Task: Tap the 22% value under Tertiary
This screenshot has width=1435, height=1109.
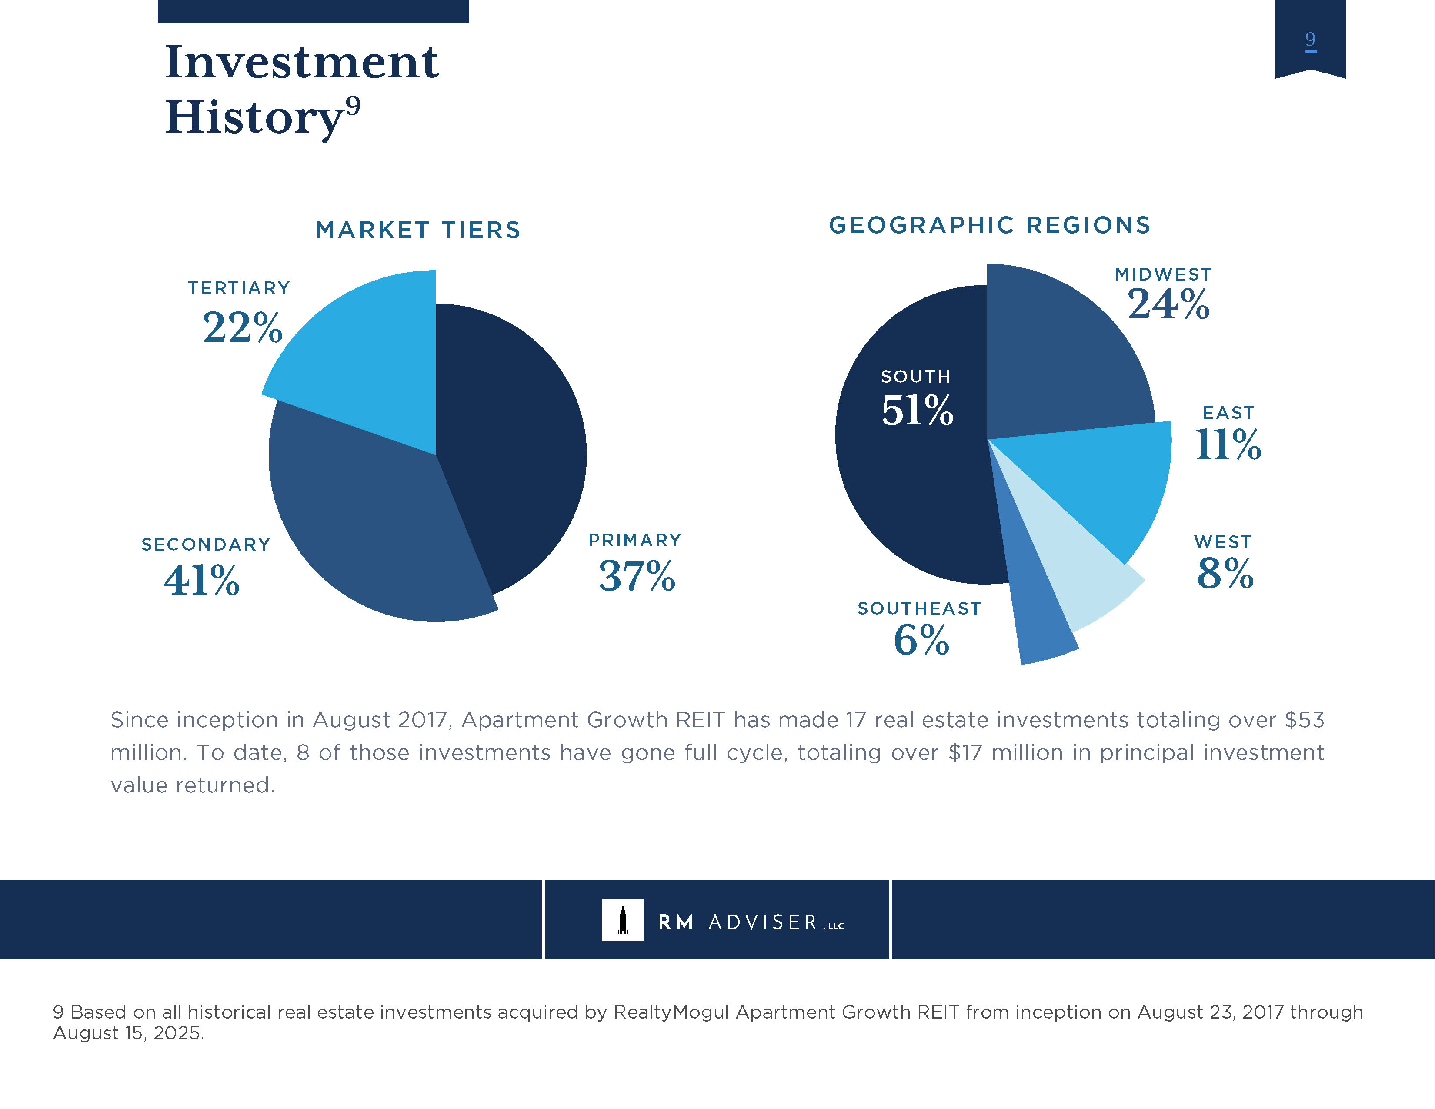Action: (x=243, y=328)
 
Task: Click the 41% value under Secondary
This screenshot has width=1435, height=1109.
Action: (x=202, y=580)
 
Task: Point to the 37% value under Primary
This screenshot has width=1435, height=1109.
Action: (x=637, y=576)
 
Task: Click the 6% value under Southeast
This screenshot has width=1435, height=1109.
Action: (x=921, y=639)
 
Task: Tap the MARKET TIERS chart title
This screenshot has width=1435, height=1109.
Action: (x=418, y=230)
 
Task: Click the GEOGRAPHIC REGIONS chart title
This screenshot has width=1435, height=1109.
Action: (x=990, y=225)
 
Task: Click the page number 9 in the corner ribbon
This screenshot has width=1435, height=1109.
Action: (x=1310, y=40)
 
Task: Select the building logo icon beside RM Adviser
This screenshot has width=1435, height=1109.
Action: (x=622, y=920)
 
